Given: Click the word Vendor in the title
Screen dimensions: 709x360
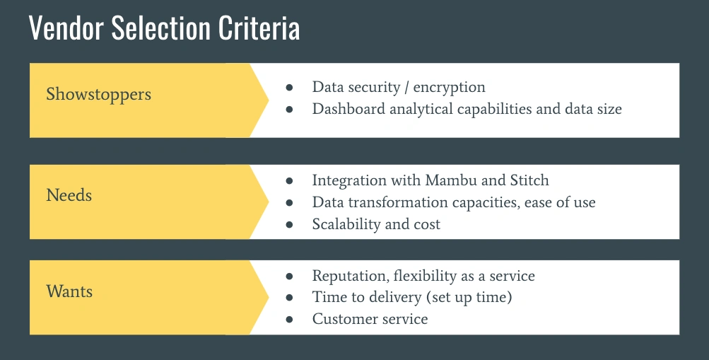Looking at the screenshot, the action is (x=67, y=28).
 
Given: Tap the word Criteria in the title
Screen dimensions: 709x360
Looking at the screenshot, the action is (x=259, y=28).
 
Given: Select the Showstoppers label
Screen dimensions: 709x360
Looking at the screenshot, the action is (x=98, y=95).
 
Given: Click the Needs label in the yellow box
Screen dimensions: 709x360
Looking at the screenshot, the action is (x=69, y=195).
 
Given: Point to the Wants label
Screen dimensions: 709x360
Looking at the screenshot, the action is (x=69, y=291).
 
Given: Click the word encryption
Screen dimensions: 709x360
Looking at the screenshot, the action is (x=449, y=88).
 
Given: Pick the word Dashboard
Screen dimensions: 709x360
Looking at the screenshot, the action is (x=348, y=109).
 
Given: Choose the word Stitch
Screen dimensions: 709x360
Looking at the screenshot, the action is (x=529, y=180).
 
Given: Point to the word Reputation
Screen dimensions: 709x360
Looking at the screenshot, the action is (x=351, y=277).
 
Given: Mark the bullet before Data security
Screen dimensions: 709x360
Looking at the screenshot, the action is (x=289, y=88).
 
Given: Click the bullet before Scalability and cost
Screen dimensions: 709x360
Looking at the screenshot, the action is (x=289, y=225).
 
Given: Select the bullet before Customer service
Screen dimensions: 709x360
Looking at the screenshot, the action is (x=289, y=319).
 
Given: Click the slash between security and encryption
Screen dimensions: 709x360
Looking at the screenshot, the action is (x=407, y=87).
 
